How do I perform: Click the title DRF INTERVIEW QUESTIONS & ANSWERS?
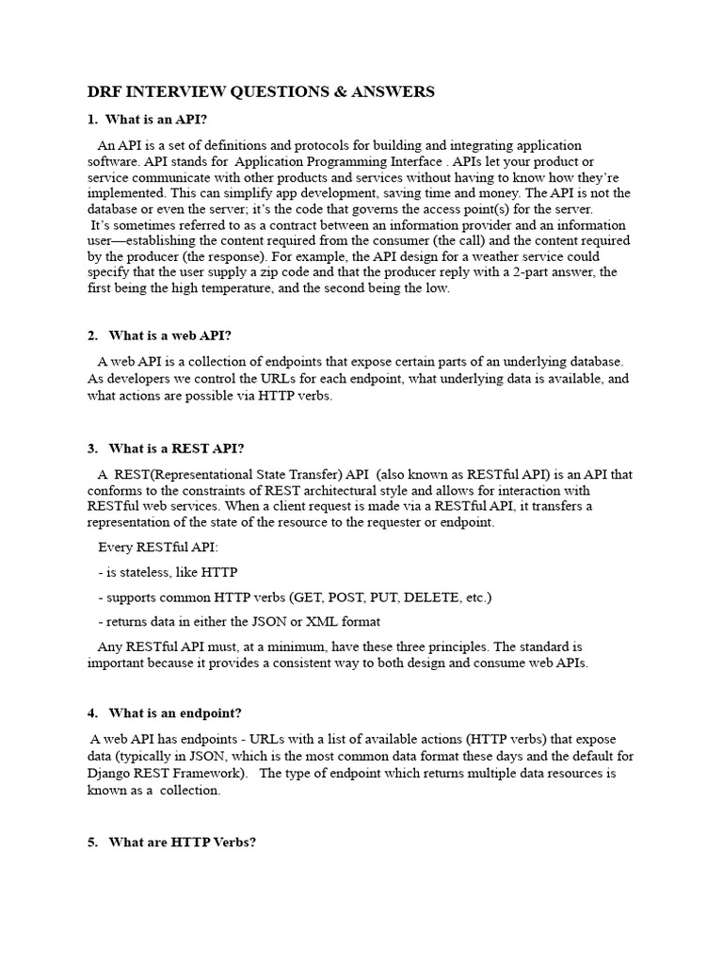[x=261, y=91]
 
